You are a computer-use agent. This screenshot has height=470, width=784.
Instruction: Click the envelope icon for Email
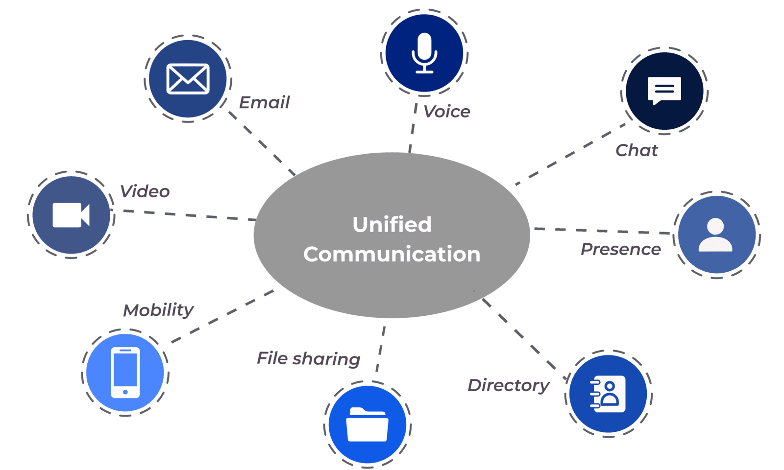[188, 78]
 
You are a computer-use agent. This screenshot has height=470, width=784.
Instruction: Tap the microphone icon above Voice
[424, 53]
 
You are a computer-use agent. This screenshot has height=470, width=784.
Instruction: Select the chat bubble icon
[664, 90]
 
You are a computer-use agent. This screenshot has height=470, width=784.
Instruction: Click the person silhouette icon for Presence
[716, 235]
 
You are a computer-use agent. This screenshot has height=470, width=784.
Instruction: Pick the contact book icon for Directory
[608, 394]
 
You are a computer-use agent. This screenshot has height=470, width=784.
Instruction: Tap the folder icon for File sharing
[367, 424]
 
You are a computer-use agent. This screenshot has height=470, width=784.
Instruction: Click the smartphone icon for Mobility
[125, 372]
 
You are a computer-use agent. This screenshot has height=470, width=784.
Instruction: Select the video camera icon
[71, 214]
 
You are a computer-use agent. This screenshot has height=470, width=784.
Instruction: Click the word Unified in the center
[392, 225]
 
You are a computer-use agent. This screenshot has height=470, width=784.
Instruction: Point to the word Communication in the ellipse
[392, 254]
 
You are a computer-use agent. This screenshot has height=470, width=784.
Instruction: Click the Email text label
[265, 102]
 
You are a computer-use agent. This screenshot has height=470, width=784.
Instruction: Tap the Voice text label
[446, 112]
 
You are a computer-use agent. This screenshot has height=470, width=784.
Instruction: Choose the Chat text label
[637, 150]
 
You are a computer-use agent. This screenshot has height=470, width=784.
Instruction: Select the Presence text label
[620, 249]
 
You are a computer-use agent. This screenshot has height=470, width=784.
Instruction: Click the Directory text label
[509, 385]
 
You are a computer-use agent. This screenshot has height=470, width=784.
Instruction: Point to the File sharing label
[309, 358]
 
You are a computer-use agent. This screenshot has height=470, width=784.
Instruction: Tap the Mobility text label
[158, 310]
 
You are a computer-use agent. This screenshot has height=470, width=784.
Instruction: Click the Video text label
[145, 191]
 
